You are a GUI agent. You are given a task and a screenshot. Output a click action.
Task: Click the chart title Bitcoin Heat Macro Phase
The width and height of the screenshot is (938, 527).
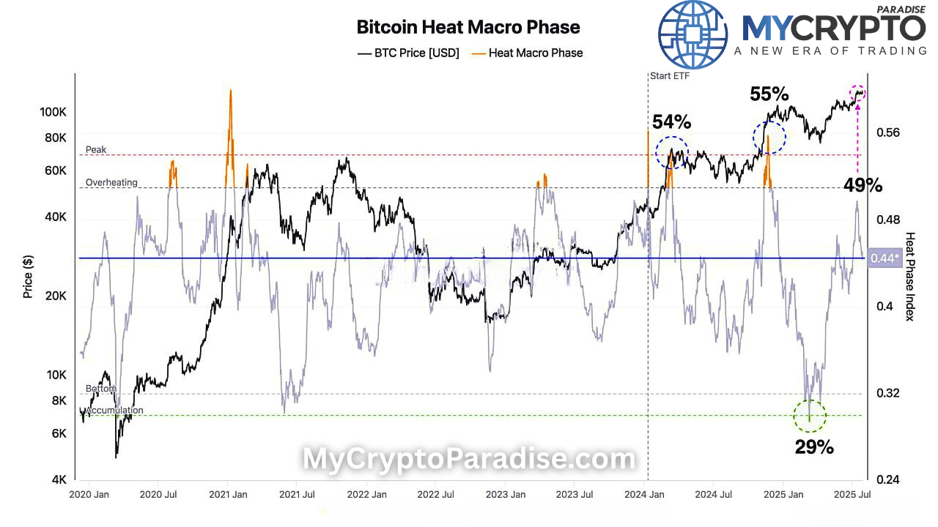(468, 27)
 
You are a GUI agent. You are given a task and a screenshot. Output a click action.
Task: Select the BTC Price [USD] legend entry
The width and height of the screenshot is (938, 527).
(408, 53)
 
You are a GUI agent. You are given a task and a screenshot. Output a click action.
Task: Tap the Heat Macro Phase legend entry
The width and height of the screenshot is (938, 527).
(527, 53)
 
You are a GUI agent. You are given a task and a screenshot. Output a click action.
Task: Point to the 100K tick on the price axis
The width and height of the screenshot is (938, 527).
(54, 112)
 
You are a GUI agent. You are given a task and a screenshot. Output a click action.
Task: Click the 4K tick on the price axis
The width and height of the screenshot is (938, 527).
(59, 480)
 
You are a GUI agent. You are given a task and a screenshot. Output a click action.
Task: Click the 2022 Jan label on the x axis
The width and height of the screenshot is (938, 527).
(366, 495)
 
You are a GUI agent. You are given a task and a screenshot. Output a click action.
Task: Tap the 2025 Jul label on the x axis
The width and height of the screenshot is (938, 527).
(853, 495)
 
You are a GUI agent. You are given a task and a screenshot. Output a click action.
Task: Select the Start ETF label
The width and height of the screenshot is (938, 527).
(670, 75)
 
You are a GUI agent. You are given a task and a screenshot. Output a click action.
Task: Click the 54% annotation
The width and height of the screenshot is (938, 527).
(671, 122)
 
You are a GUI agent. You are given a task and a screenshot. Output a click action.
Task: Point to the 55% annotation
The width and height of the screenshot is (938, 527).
(769, 94)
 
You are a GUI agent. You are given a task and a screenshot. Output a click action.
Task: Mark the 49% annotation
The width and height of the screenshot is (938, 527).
(862, 185)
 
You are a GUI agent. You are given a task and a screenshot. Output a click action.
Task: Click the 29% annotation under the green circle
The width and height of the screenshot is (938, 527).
(814, 446)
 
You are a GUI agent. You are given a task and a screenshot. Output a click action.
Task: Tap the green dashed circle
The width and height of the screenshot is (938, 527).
(810, 416)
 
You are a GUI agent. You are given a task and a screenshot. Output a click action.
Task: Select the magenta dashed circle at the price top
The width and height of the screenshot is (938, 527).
(857, 93)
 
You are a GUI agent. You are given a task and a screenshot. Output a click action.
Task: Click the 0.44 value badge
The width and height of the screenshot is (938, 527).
(883, 258)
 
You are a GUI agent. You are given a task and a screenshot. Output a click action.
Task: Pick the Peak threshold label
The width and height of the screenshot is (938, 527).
(96, 150)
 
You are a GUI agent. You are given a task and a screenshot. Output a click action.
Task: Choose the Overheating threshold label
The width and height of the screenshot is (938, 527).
(111, 182)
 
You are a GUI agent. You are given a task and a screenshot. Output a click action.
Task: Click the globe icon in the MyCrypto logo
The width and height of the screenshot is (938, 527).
(693, 34)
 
